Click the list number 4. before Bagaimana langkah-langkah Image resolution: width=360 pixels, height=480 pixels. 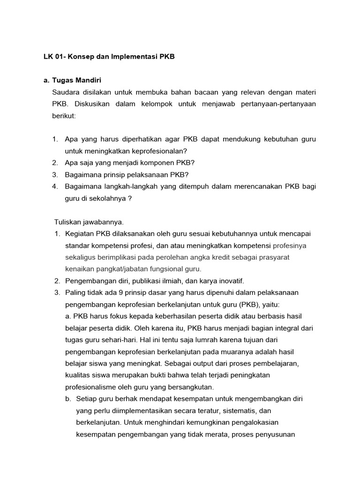55,187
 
